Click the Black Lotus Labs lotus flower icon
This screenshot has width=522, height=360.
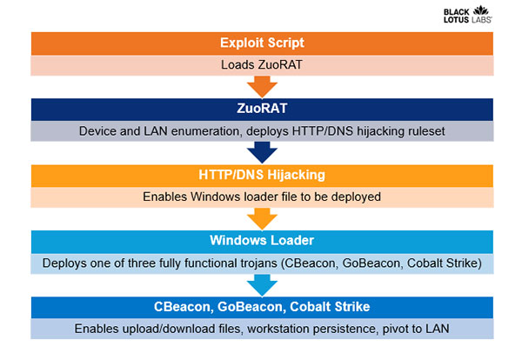pos(481,10)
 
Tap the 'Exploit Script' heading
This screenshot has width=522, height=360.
pos(262,43)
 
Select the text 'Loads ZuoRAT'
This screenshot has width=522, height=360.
pos(262,65)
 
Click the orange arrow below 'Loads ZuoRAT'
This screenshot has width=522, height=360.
pos(262,86)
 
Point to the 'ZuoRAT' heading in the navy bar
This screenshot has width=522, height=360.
pos(262,109)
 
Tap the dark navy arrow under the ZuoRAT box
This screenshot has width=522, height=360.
pos(262,152)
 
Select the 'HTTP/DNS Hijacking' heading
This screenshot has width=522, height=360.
pos(262,175)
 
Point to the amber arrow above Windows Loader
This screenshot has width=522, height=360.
pos(262,219)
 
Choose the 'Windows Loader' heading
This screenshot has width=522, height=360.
pos(262,241)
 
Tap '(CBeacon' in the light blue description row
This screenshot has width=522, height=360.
pos(310,263)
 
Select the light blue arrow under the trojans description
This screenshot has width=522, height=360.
pos(262,285)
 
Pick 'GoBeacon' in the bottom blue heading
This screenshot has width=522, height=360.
pos(251,307)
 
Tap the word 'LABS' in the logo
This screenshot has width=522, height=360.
pos(481,20)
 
